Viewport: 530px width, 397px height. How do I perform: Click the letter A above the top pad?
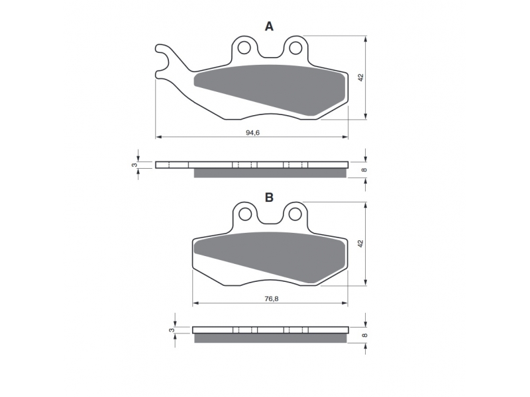[269, 26]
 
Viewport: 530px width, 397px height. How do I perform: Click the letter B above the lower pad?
[269, 197]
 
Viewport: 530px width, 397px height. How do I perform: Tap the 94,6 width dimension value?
[252, 133]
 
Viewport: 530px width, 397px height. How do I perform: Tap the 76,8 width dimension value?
[272, 299]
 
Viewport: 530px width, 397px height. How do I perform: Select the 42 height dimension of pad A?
[361, 77]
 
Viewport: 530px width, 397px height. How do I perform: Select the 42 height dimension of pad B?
[361, 243]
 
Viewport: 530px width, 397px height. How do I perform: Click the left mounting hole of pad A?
[244, 48]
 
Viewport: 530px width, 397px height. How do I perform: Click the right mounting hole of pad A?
[295, 48]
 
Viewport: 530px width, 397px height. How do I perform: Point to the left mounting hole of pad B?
[245, 214]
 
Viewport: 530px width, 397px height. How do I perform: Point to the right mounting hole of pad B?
[295, 214]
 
